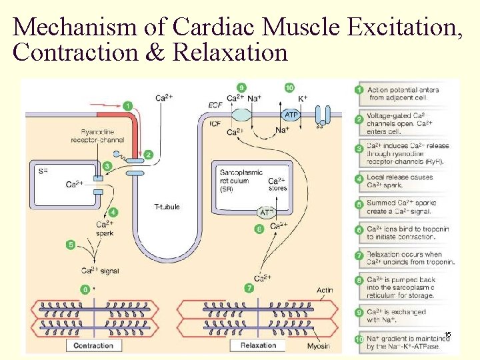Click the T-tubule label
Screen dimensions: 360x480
[x=166, y=207]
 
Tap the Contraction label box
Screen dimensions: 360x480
[x=93, y=345]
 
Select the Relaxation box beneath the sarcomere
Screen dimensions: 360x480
[x=258, y=345]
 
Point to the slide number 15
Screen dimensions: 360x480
[x=447, y=334]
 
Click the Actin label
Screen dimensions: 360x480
[x=325, y=290]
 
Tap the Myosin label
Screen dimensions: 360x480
[x=318, y=345]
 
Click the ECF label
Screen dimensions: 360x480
[x=215, y=105]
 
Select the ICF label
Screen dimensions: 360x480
[x=215, y=123]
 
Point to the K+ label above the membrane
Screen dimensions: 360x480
[x=303, y=98]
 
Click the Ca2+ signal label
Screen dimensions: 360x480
[x=100, y=271]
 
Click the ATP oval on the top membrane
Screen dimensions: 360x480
[x=291, y=115]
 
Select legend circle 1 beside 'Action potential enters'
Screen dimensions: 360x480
[x=359, y=89]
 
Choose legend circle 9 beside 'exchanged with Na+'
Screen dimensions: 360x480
[x=359, y=311]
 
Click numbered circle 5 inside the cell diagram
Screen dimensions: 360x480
[x=71, y=245]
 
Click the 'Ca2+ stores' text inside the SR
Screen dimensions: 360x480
[x=277, y=184]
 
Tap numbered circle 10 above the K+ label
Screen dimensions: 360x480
[x=289, y=87]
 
